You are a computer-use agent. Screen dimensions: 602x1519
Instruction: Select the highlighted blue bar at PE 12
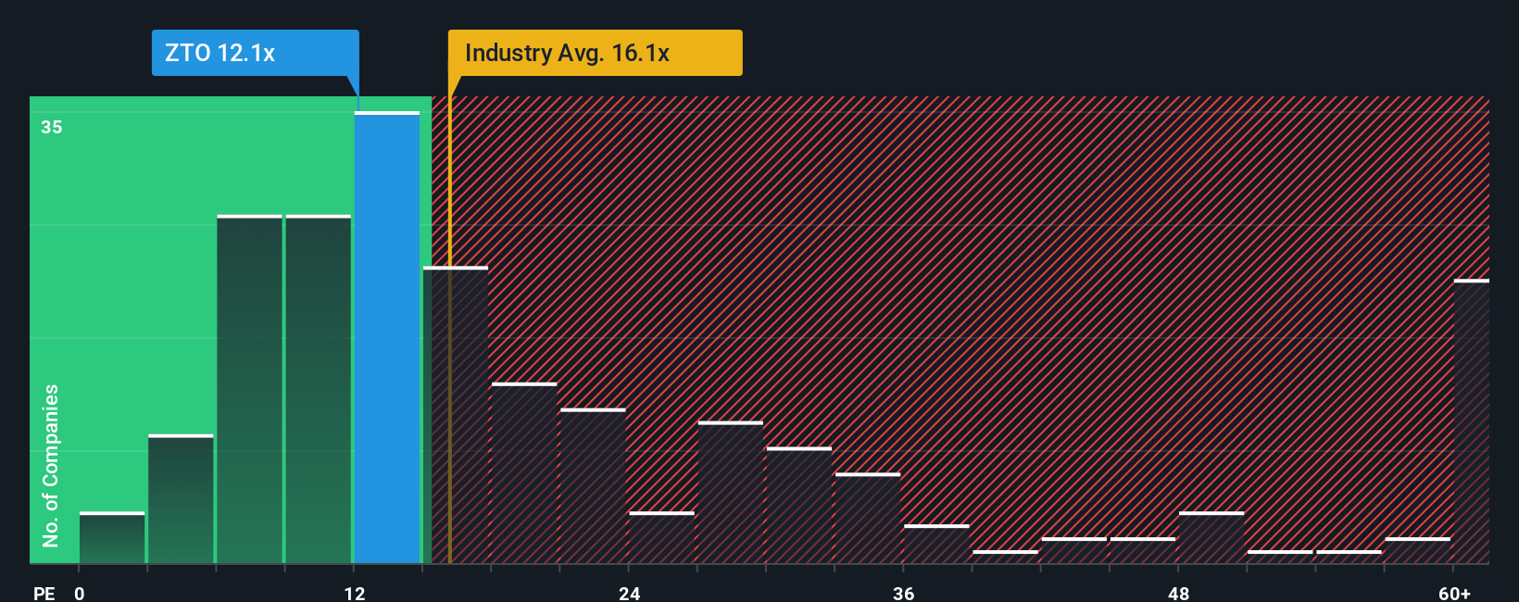tap(387, 338)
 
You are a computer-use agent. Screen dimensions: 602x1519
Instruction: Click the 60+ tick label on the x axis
tap(1454, 593)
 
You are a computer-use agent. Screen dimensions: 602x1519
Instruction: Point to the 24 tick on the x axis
tap(630, 593)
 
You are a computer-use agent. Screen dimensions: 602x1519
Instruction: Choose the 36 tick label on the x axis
tap(904, 593)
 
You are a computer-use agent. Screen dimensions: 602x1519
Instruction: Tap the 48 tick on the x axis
tap(1178, 593)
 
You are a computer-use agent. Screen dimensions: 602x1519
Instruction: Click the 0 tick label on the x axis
tap(80, 593)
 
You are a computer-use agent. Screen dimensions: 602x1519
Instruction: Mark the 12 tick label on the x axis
tap(355, 593)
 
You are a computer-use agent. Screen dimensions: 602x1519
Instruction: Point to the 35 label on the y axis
tap(52, 127)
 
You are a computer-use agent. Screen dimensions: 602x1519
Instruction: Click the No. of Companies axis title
tap(51, 465)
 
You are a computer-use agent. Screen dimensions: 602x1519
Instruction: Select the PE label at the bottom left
tap(44, 593)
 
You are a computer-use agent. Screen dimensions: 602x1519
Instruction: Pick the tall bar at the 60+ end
tap(1471, 421)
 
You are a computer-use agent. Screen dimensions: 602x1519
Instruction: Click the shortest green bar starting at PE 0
tap(112, 538)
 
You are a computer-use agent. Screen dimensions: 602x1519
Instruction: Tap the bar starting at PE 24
tap(661, 538)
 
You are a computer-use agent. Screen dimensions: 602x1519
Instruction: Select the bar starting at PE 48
tap(1211, 538)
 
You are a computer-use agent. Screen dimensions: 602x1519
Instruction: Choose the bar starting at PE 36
tap(936, 545)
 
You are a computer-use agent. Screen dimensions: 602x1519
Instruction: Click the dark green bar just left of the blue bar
tap(319, 389)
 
